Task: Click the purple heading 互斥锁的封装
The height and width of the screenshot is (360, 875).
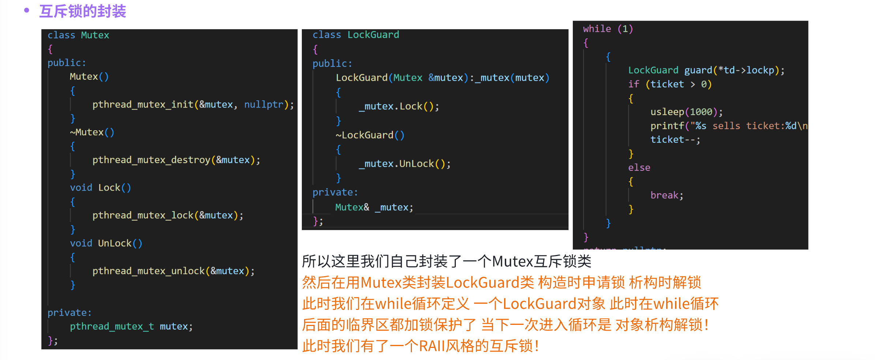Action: tap(83, 11)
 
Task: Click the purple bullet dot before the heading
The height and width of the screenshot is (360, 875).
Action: tap(26, 10)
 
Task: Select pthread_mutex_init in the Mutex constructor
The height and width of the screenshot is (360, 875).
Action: tap(143, 105)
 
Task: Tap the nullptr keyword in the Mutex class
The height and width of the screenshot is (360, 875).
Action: tap(263, 105)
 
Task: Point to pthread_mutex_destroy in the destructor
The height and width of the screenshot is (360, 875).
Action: tap(151, 160)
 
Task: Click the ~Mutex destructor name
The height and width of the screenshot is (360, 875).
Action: tap(87, 132)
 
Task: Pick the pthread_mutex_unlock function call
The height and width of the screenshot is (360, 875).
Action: tap(148, 271)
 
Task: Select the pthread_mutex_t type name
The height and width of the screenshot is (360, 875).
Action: tap(112, 326)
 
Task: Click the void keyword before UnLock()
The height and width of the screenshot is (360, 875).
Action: tap(81, 243)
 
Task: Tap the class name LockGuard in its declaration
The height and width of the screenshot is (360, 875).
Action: tap(373, 35)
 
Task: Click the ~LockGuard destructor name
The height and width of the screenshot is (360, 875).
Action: tap(365, 135)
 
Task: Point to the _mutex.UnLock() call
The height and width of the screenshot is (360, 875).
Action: tap(404, 164)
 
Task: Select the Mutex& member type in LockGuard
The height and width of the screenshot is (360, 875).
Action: tap(352, 207)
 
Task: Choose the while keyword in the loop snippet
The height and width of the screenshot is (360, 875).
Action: tap(597, 29)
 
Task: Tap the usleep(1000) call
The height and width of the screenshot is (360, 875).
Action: tap(686, 112)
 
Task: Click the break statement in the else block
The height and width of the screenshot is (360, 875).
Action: tap(664, 195)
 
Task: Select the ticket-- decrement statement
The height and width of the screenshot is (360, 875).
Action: tap(675, 140)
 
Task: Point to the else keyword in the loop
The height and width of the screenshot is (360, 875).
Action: tap(639, 168)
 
